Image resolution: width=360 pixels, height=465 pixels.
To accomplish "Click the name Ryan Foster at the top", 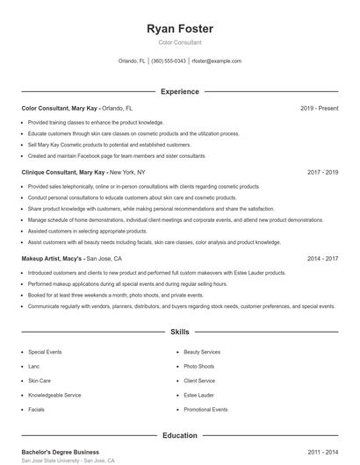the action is [x=179, y=29].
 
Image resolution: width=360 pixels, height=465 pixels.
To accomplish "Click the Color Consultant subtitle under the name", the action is [x=179, y=42].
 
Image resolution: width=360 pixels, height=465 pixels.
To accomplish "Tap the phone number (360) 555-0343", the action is [x=169, y=61].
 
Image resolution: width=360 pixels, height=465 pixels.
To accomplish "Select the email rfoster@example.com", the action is [x=216, y=61].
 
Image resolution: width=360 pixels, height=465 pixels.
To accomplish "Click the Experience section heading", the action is [x=179, y=91].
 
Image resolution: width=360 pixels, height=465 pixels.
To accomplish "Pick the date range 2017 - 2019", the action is [x=322, y=173].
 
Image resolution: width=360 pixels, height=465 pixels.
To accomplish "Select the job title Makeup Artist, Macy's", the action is [x=52, y=259].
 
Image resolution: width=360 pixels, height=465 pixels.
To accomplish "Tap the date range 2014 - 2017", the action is [x=322, y=259].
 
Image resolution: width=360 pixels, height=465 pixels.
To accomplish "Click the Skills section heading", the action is [x=179, y=333].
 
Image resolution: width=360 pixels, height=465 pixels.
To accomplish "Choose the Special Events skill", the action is [x=45, y=352].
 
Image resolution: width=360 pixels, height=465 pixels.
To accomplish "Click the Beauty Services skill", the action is [x=202, y=352].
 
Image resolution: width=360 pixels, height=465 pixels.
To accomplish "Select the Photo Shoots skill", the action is [x=199, y=367].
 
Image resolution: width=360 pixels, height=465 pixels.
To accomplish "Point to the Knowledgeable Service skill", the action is [x=54, y=396].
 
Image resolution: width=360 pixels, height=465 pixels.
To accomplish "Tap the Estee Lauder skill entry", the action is [x=198, y=396].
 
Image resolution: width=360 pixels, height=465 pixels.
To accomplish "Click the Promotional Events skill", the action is [x=205, y=410].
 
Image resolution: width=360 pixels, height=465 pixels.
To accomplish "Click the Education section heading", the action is [x=179, y=435].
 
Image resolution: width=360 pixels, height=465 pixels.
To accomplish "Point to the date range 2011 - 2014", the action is [x=322, y=451].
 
